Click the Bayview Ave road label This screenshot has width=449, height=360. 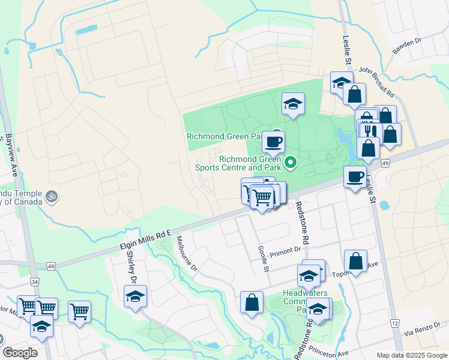click(x=11, y=155)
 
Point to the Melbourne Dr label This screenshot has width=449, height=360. click(x=187, y=253)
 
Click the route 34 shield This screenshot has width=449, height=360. click(x=35, y=281)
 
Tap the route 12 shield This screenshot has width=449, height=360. click(x=394, y=323)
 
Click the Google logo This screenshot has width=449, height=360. click(x=20, y=353)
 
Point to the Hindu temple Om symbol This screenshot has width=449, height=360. click(x=51, y=196)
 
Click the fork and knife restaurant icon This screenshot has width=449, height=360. click(x=370, y=131)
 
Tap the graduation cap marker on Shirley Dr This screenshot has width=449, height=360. click(x=136, y=296)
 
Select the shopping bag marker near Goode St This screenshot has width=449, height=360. click(x=252, y=302)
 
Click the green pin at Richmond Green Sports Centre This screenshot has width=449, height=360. click(x=291, y=161)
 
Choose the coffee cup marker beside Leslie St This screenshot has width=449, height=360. click(x=355, y=176)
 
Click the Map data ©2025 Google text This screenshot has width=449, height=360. click(x=411, y=355)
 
